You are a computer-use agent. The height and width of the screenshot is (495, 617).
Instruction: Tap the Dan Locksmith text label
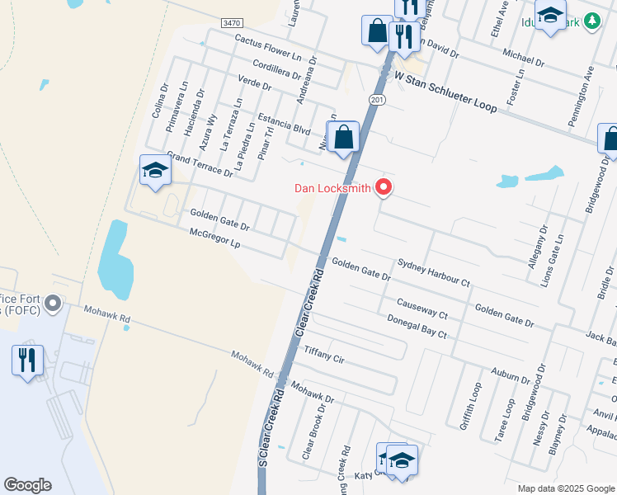pos(333,188)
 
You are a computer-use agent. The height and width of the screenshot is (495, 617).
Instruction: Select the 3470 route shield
pos(231,24)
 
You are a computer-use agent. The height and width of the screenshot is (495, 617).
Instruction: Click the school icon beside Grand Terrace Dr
pos(154,172)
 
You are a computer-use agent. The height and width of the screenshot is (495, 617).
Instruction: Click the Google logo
pos(27,485)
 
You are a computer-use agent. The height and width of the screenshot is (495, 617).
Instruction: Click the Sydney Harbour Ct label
pos(433,272)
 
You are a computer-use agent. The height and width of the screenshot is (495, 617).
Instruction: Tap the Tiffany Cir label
pos(323,355)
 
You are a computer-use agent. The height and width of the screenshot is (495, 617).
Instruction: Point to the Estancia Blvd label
pos(284,124)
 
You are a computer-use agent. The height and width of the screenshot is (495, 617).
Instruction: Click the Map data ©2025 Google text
pos(565,488)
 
